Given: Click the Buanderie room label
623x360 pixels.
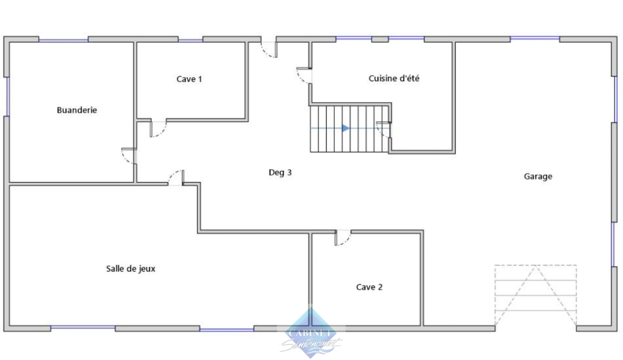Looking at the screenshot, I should click(x=77, y=110).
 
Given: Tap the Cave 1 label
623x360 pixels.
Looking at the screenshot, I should click(x=189, y=79).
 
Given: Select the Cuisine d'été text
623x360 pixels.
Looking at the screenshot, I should click(x=394, y=78).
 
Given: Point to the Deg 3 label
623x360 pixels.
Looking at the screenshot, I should click(x=280, y=172).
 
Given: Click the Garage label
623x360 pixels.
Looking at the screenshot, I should click(x=538, y=176).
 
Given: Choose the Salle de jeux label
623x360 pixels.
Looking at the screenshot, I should click(x=131, y=269).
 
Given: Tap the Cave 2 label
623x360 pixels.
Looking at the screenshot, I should click(x=369, y=287).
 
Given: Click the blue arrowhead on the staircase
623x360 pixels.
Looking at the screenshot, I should click(x=345, y=128).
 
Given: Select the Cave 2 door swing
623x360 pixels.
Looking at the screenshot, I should click(x=343, y=238).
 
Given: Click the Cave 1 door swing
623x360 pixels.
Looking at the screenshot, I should click(x=158, y=129).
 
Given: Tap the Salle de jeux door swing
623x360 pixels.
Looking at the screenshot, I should click(x=176, y=178).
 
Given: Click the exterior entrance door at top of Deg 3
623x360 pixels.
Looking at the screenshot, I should click(x=269, y=50).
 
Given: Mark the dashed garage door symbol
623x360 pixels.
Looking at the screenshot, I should click(x=535, y=295).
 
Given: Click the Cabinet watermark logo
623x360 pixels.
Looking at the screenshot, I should click(x=311, y=333).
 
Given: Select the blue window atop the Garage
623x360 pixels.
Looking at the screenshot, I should click(x=535, y=38).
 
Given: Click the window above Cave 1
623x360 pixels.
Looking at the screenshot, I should click(x=190, y=40).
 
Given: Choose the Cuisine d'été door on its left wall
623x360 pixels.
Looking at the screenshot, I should click(x=304, y=76).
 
